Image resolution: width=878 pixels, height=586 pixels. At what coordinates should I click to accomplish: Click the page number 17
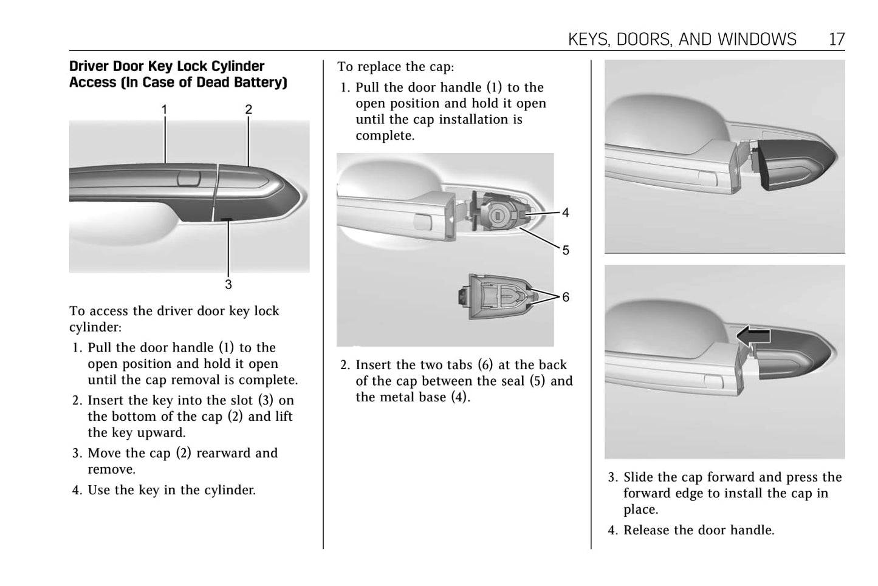pyautogui.click(x=837, y=39)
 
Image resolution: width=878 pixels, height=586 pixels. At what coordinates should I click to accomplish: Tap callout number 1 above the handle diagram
pyautogui.click(x=164, y=110)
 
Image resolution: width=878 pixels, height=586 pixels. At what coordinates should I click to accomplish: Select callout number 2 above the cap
pyautogui.click(x=249, y=110)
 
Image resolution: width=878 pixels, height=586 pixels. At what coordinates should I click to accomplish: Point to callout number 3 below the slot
pyautogui.click(x=228, y=284)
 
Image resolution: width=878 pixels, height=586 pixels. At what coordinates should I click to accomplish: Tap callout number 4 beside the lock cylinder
pyautogui.click(x=566, y=213)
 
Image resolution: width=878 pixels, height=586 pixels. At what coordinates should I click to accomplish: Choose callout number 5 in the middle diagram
pyautogui.click(x=566, y=250)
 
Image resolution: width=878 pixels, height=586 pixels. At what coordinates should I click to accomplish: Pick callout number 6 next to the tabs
pyautogui.click(x=566, y=297)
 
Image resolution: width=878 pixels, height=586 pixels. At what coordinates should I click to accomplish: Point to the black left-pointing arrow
pyautogui.click(x=753, y=335)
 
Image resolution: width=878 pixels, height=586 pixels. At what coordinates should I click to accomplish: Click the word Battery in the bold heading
pyautogui.click(x=258, y=83)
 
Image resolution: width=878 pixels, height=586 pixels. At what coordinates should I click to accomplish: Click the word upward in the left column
pyautogui.click(x=161, y=433)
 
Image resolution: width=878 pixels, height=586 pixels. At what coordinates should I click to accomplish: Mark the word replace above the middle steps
pyautogui.click(x=378, y=67)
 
